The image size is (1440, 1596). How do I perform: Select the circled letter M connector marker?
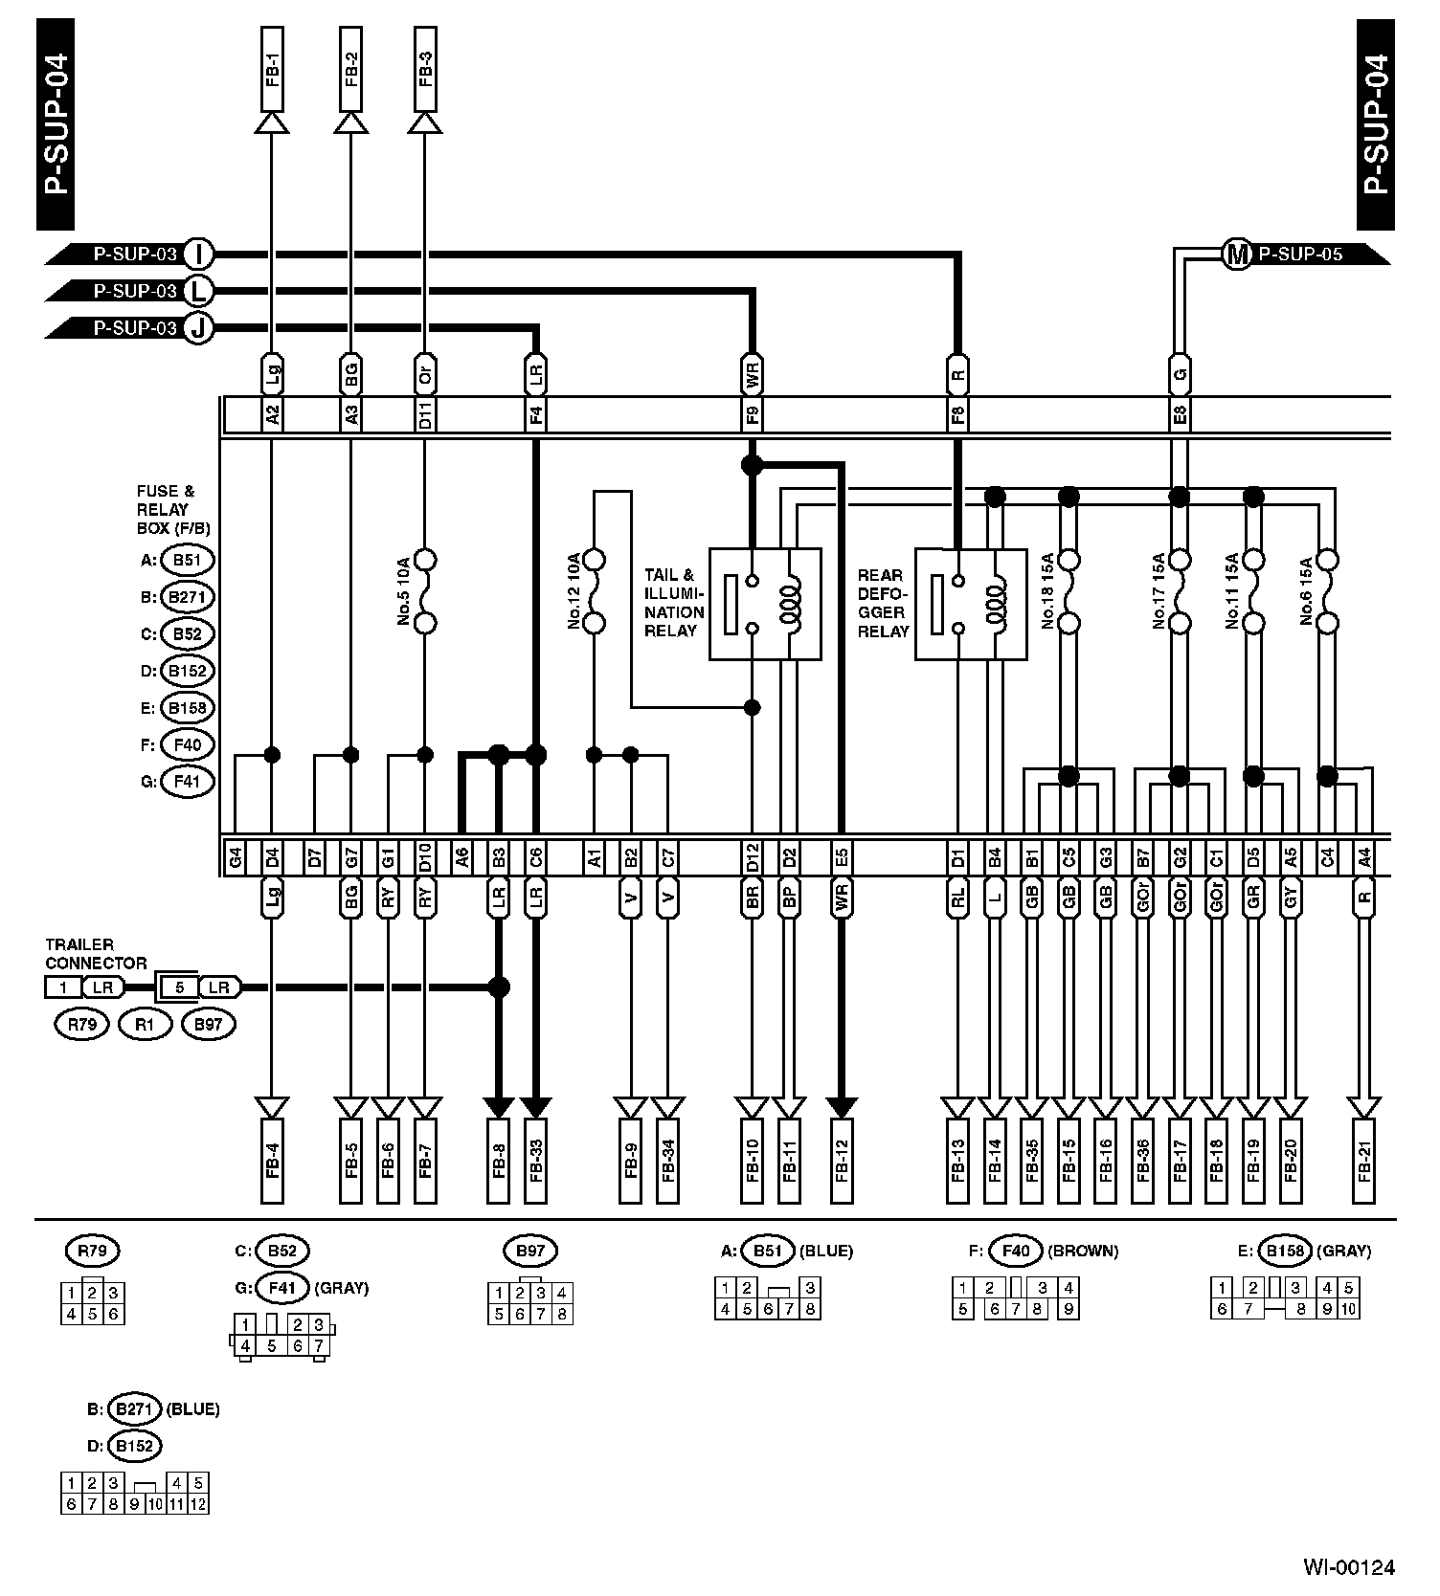coord(1237,255)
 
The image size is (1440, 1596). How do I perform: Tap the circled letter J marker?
coord(198,328)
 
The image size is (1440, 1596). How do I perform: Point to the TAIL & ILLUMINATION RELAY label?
coord(674,603)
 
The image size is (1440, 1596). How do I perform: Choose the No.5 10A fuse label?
coord(404,590)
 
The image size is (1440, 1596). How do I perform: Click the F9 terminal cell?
coord(753,416)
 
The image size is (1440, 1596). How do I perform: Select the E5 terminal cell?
coord(842,856)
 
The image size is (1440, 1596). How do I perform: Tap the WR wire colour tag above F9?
coord(753,375)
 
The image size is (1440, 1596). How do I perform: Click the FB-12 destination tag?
coord(842,1161)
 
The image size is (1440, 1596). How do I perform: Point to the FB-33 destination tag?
coord(535,1161)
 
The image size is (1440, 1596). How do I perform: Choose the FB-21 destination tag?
coord(1365,1161)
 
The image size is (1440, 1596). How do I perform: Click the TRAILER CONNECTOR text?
coord(96,954)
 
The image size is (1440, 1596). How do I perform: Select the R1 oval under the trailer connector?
coord(146,1025)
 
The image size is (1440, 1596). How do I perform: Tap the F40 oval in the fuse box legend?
coord(188,744)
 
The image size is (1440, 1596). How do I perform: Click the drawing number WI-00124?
coord(1348,1567)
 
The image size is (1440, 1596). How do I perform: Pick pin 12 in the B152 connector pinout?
coord(198,1505)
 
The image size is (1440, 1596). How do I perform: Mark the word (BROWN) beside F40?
coord(1083,1251)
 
